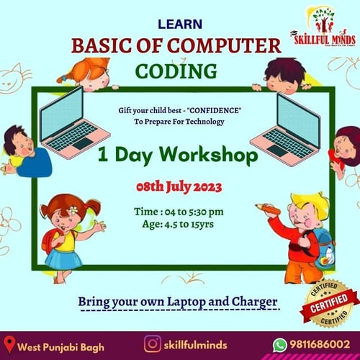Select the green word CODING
tap(176, 72)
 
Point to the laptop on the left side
tap(71, 127)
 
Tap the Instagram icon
tap(152, 344)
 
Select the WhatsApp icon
tap(279, 345)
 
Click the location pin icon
tap(10, 345)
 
